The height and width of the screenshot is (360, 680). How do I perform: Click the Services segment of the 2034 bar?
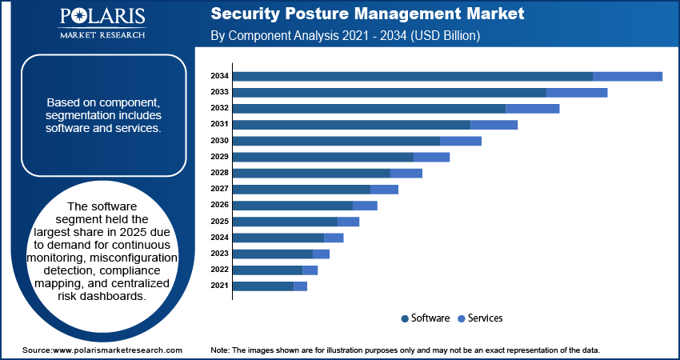(x=627, y=76)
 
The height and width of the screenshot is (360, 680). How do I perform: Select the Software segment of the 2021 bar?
(x=263, y=286)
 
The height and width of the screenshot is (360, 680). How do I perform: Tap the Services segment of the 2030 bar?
(x=461, y=141)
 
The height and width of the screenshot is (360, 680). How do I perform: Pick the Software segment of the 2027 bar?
(x=302, y=189)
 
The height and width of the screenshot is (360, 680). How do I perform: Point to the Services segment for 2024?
(x=334, y=238)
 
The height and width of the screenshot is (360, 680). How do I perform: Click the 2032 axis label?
(x=220, y=108)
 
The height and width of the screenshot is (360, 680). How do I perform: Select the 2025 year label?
(x=220, y=222)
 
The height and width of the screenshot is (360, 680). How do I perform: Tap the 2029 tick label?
(x=220, y=157)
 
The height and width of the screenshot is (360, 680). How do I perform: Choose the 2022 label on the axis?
(x=220, y=270)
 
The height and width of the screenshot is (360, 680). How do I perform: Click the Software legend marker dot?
(x=405, y=318)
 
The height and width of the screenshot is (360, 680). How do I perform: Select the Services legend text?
(x=485, y=318)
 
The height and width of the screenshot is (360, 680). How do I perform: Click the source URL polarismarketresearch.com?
(x=118, y=350)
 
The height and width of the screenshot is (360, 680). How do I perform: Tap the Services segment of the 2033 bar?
(x=577, y=92)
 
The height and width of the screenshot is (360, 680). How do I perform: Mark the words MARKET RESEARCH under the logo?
(x=102, y=35)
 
